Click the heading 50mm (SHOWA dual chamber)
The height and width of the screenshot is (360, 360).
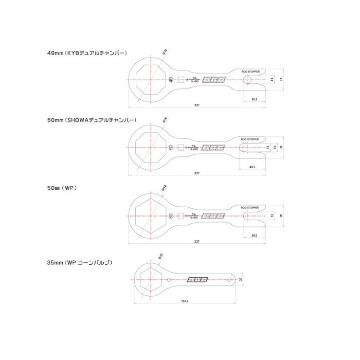(91, 119)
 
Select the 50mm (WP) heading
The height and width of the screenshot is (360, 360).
(62, 189)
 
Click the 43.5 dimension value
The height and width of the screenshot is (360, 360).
(251, 167)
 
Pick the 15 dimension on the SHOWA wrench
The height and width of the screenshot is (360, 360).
(275, 147)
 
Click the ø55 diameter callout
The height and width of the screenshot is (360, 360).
(160, 256)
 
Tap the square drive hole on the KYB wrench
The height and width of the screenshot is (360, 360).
(181, 80)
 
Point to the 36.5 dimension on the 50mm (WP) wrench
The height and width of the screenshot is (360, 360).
(254, 235)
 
